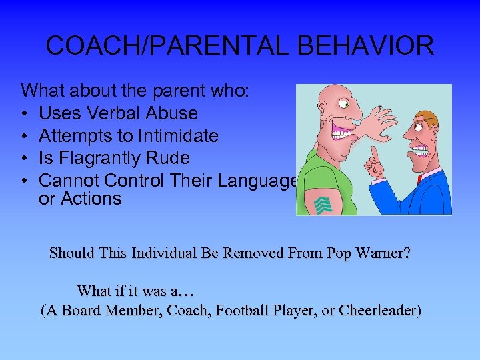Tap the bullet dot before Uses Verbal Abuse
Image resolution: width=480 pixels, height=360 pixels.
tap(25, 114)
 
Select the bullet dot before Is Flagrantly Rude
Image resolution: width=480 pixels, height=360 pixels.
tap(25, 159)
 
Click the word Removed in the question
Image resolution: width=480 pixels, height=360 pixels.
tap(263, 254)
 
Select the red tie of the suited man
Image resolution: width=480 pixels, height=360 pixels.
tap(421, 178)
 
